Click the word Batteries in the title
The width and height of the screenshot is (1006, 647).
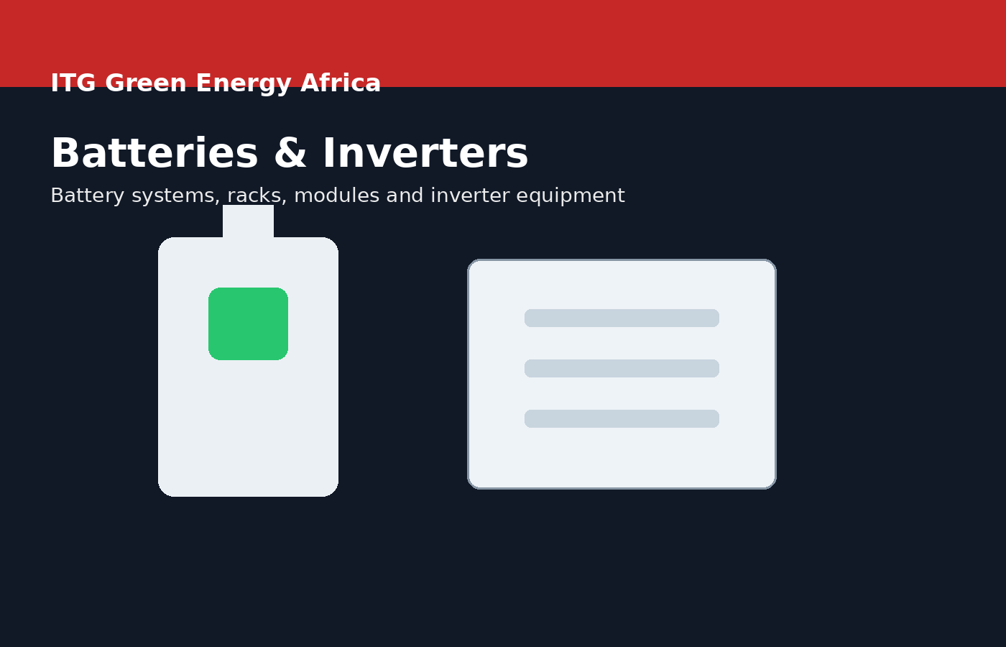coord(154,155)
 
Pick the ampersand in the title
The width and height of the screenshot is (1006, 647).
coord(290,155)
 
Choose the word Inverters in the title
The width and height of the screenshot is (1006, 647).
coord(425,155)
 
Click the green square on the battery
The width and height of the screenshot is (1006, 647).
coord(248,323)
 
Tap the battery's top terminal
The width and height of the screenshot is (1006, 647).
coord(248,221)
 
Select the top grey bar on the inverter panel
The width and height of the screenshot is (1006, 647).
coord(622,318)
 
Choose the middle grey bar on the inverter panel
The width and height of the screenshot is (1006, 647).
coord(622,368)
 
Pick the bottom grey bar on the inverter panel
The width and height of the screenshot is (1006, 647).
coord(622,418)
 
